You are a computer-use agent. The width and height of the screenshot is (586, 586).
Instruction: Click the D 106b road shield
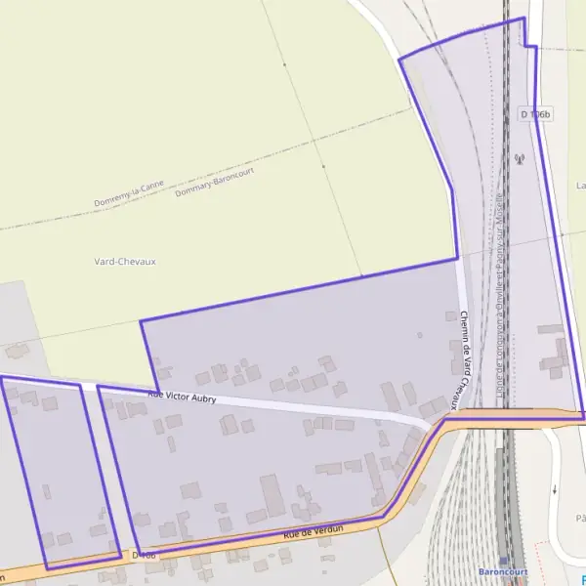(x=536, y=114)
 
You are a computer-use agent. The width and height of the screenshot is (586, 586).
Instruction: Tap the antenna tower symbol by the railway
(x=519, y=158)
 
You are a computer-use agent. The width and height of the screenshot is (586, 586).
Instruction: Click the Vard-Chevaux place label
(x=125, y=262)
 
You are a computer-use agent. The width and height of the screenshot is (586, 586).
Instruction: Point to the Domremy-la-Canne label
(x=129, y=193)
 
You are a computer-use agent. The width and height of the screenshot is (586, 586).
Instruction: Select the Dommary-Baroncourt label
(x=213, y=185)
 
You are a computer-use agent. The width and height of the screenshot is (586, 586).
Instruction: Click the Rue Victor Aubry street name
(x=182, y=398)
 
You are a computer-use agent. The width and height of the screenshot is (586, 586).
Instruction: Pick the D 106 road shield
(x=144, y=555)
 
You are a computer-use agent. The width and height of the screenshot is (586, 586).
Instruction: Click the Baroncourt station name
(x=503, y=571)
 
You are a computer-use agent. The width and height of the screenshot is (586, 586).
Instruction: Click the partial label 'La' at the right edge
(x=580, y=185)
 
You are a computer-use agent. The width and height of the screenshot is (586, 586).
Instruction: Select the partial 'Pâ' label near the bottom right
(x=580, y=518)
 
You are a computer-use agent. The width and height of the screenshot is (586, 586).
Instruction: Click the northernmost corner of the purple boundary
(x=523, y=18)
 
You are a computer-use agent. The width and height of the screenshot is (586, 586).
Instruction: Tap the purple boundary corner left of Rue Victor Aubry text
(x=99, y=387)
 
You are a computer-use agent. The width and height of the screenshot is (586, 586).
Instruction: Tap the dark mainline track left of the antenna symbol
(x=506, y=158)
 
